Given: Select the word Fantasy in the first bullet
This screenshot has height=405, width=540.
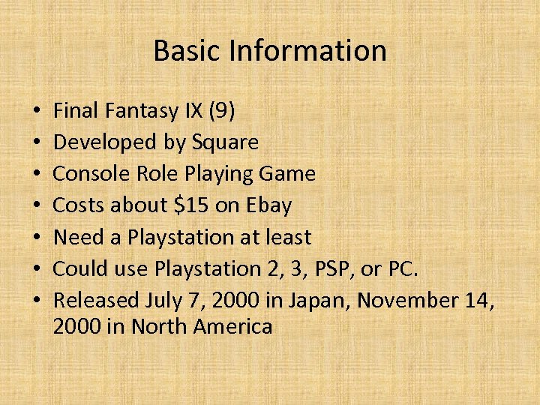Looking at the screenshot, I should [139, 111].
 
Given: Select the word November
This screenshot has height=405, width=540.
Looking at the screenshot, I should [408, 300].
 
